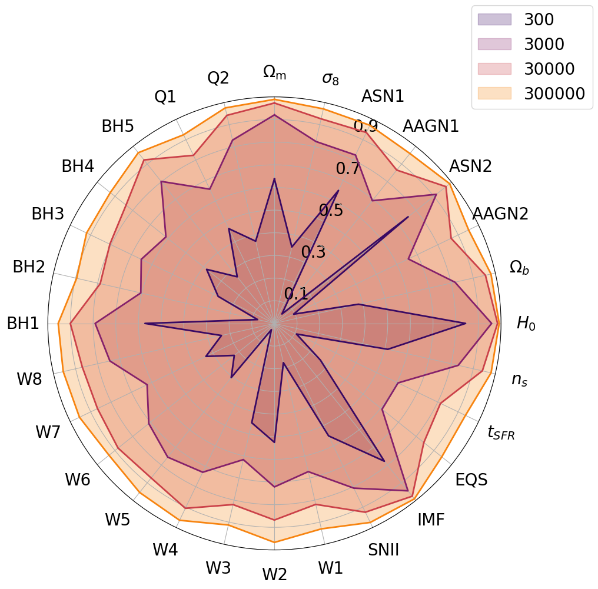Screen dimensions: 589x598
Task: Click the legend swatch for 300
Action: [494, 19]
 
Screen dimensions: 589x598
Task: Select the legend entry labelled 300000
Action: [555, 94]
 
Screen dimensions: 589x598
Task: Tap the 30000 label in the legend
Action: [549, 69]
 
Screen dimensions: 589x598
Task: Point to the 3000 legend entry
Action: [544, 44]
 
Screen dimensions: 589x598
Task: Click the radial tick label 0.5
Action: [331, 210]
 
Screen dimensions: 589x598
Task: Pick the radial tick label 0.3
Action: [313, 252]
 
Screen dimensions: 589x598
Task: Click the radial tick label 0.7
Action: [348, 169]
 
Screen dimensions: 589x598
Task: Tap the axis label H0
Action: [526, 323]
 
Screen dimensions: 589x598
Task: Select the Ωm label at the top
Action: [274, 72]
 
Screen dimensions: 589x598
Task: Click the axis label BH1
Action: [23, 323]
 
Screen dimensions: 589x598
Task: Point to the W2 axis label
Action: [274, 574]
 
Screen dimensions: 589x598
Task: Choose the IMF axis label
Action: [431, 520]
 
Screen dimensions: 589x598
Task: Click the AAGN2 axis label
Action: [500, 214]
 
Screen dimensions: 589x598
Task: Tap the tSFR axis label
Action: [501, 433]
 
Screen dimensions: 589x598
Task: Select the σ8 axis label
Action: [330, 78]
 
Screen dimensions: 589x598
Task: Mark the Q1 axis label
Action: [165, 97]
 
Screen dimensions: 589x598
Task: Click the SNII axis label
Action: [383, 550]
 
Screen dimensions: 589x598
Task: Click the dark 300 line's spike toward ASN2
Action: [408, 217]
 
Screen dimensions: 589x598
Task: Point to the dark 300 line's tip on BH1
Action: [145, 323]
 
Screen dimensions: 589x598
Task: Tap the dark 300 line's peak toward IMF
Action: [384, 461]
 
